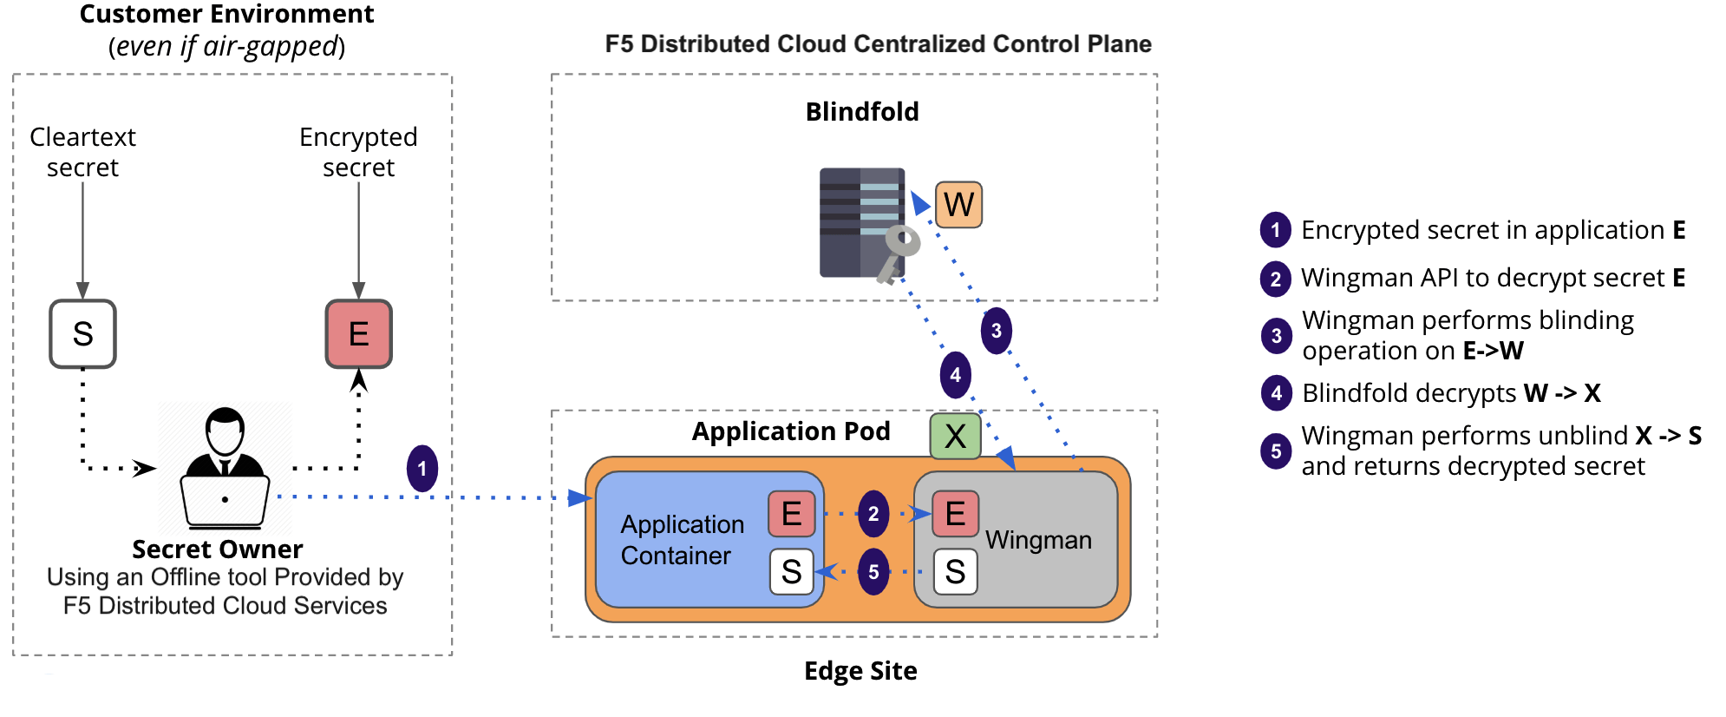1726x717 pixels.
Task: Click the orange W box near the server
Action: tap(958, 205)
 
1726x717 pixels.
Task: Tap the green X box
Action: tap(955, 436)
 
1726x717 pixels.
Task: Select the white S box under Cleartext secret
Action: tap(82, 334)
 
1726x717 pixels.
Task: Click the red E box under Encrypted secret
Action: tap(358, 334)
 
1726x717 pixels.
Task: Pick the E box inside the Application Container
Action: tap(791, 514)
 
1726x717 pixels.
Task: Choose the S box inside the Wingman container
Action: tap(955, 572)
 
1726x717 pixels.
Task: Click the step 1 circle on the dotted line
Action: tap(422, 469)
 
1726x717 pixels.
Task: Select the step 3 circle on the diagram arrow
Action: tap(996, 331)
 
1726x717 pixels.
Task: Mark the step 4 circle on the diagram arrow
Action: tap(955, 375)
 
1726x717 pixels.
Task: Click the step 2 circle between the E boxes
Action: tap(873, 514)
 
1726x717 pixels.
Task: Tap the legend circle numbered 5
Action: tap(1276, 451)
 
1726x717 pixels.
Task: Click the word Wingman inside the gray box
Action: tap(1038, 540)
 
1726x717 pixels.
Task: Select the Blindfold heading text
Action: tap(861, 112)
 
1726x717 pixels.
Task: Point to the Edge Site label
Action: tap(860, 671)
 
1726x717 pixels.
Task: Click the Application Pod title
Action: tap(790, 431)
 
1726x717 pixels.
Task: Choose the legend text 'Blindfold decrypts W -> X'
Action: tap(1450, 393)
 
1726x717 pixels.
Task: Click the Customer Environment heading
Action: tap(226, 15)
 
